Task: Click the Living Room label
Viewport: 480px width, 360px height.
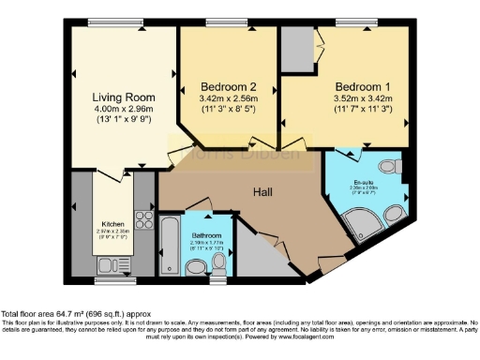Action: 124,97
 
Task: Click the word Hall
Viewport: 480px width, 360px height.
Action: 263,191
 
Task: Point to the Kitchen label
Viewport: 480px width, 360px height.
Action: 113,224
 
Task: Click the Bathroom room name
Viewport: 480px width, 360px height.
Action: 206,235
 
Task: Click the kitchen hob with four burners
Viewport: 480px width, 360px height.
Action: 145,221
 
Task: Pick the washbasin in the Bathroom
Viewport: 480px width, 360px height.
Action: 194,268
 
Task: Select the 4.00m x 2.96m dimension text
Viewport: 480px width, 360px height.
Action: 124,111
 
